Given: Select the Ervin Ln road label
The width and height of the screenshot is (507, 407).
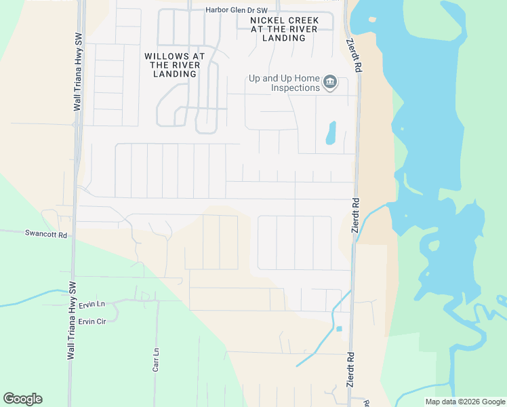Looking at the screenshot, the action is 92,304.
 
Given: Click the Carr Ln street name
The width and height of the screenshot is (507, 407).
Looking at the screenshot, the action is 156,360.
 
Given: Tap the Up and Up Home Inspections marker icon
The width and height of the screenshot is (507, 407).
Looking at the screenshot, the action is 330,83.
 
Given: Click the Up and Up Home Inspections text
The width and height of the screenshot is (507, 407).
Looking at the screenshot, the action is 284,83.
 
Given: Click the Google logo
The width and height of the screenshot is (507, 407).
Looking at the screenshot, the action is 22,399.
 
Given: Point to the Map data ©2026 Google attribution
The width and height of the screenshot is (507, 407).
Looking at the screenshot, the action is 465,402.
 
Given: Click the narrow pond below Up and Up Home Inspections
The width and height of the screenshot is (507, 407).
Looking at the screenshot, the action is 331,133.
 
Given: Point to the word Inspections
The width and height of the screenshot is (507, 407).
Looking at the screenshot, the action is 296,88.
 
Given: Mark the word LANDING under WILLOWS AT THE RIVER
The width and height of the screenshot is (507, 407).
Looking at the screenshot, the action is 175,73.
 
